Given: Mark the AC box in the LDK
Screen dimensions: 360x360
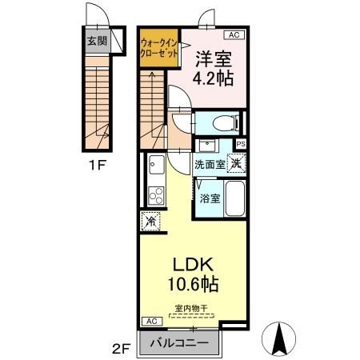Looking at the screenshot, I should pyautogui.click(x=149, y=321).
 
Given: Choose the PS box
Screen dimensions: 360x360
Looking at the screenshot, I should pyautogui.click(x=240, y=144).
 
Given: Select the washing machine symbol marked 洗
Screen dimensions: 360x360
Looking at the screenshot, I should pyautogui.click(x=236, y=162).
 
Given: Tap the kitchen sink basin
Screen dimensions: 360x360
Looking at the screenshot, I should pyautogui.click(x=154, y=166).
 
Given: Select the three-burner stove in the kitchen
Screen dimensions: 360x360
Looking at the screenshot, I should pyautogui.click(x=154, y=194).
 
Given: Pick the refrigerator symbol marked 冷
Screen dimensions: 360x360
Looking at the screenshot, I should pyautogui.click(x=150, y=220).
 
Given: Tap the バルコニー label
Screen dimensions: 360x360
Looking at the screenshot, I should pyautogui.click(x=179, y=342).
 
